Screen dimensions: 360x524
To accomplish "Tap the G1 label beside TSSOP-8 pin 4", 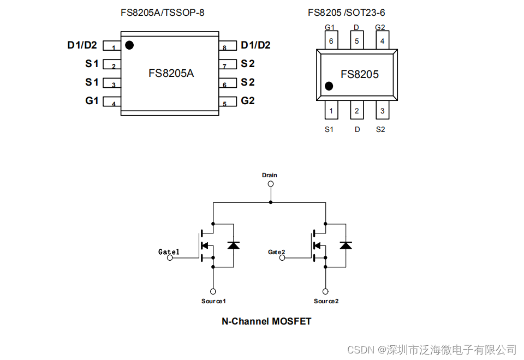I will pos(92,101).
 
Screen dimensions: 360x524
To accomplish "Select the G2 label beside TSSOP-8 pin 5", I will pos(248,101).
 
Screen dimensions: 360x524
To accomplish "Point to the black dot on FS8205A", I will pos(129,45).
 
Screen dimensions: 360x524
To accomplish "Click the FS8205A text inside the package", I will pos(171,73).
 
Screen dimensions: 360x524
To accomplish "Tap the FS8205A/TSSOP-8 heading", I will pos(163,12).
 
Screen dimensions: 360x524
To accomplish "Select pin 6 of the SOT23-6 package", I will pos(330,40).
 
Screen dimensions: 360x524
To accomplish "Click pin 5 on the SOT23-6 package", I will pos(356,40).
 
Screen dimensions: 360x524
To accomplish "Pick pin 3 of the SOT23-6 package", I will pos(383,111).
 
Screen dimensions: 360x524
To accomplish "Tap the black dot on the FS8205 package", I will pos(329,86).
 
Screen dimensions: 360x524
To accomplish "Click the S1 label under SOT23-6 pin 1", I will pos(329,129).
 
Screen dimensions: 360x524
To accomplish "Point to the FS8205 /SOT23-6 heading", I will pos(350,12).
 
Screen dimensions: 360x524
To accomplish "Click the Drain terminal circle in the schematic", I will pos(270,184).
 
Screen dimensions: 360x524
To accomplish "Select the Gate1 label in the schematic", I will pos(169,251).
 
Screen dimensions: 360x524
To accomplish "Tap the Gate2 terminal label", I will pos(276,251).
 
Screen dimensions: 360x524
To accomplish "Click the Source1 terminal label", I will pos(213,301).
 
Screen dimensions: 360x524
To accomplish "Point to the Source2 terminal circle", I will pos(325,291).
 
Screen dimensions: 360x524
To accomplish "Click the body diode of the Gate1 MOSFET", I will pos(233,245).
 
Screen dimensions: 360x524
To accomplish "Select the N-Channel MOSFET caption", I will pos(266,321).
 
